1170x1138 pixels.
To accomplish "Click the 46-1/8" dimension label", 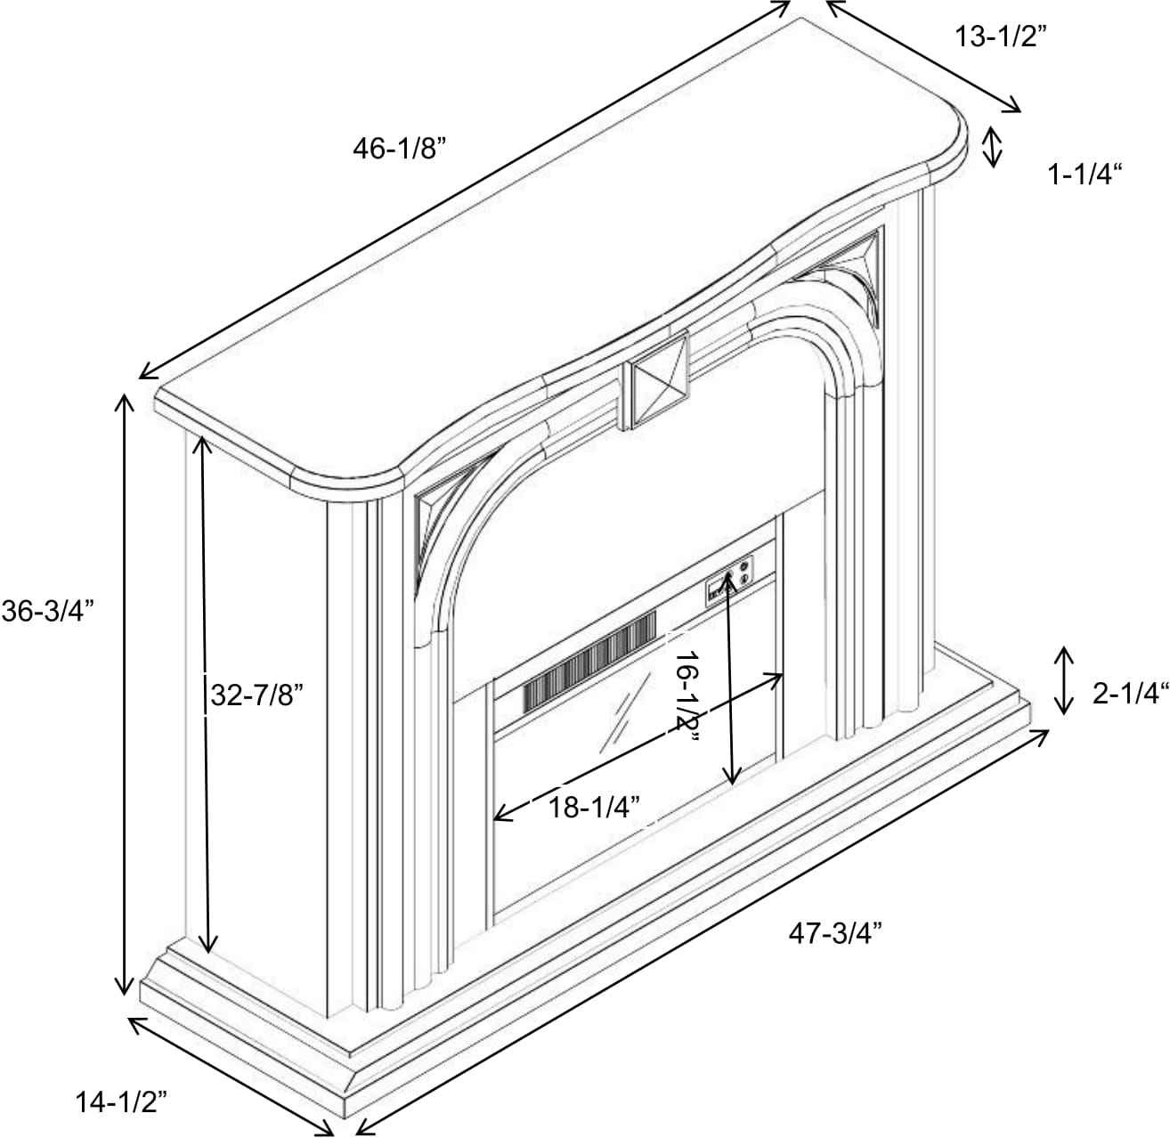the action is click(399, 149).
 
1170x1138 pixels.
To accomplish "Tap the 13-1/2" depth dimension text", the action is click(1002, 37).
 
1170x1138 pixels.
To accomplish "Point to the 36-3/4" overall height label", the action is click(47, 612).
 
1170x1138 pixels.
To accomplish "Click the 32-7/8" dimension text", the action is click(256, 696).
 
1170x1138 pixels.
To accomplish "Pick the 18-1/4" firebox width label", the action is click(594, 808).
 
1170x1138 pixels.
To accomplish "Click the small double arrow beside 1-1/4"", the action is click(993, 146).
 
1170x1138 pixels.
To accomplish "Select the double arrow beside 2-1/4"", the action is click(1064, 680).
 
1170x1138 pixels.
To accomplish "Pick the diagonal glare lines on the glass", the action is click(625, 713).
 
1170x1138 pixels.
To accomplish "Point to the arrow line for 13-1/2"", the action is click(923, 56).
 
